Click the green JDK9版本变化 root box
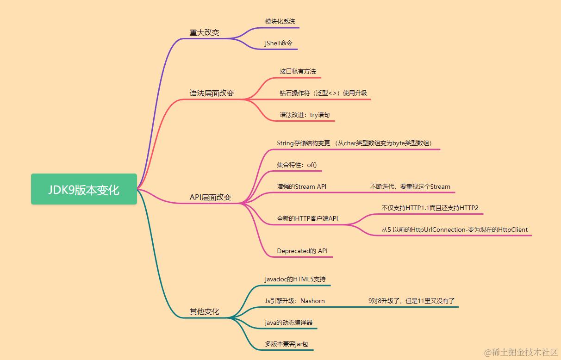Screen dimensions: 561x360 click(84, 189)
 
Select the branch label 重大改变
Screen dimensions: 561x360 click(205, 32)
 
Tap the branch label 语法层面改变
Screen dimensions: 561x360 click(212, 93)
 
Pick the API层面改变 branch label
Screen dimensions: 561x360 click(210, 197)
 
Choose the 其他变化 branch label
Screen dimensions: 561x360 click(205, 312)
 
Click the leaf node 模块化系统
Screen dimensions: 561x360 click(280, 22)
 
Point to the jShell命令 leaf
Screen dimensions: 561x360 click(279, 43)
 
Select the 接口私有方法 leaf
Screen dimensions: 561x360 click(298, 72)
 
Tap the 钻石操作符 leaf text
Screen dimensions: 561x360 click(324, 93)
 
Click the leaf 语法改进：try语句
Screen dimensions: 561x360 click(305, 115)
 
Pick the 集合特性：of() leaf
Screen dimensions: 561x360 click(297, 165)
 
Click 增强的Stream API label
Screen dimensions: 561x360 click(301, 186)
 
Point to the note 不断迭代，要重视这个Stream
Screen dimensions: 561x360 click(410, 186)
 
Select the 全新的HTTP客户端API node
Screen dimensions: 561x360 click(307, 218)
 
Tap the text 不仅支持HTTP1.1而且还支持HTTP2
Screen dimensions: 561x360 click(430, 208)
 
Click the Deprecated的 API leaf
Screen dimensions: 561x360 click(302, 251)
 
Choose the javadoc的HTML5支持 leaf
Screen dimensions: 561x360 click(295, 279)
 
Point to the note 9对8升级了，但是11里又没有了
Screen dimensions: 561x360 click(411, 301)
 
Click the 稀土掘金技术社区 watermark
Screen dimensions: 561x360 click(521, 352)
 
